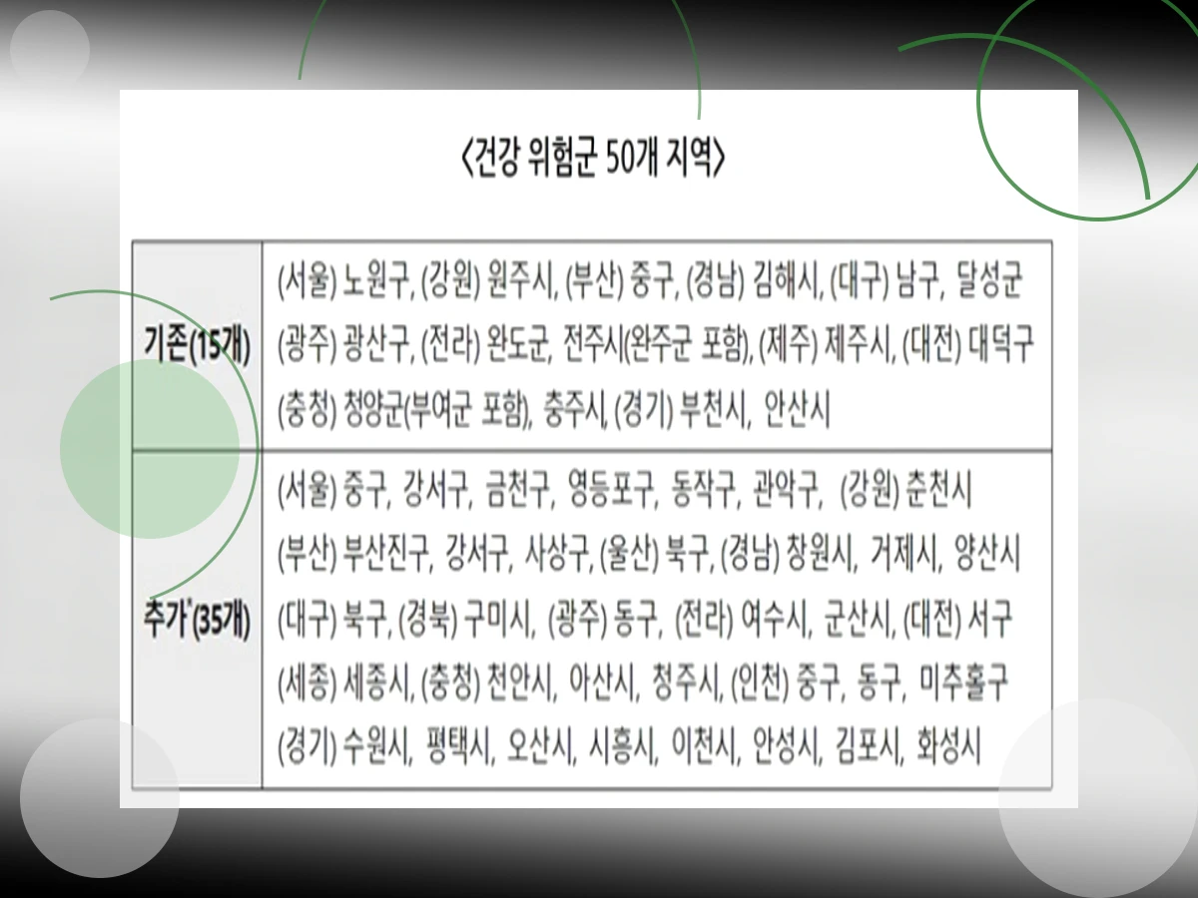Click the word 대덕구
pos(1002,346)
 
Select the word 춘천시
pos(939,491)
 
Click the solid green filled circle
pos(150,449)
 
